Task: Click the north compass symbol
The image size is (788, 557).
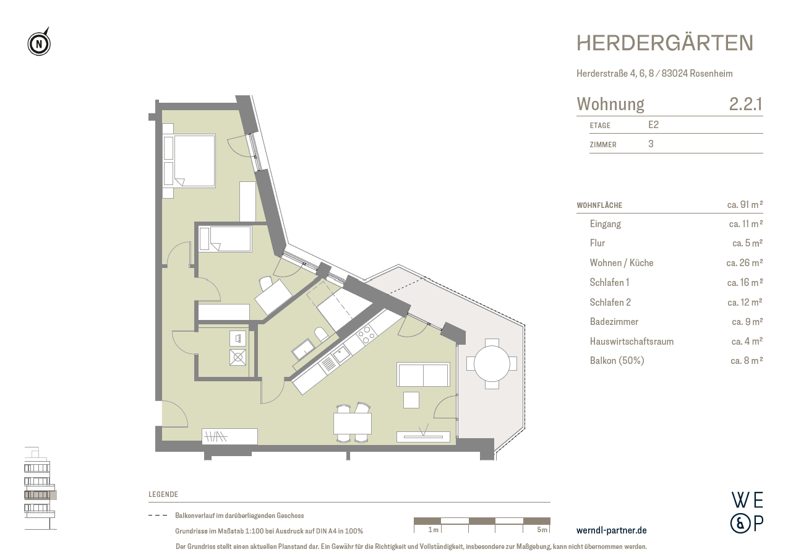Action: click(x=39, y=44)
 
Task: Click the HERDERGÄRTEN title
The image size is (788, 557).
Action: click(x=665, y=43)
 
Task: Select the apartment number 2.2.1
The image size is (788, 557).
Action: click(x=745, y=104)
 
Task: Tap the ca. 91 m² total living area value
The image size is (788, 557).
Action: click(x=745, y=204)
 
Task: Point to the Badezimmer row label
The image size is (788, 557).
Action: click(x=614, y=322)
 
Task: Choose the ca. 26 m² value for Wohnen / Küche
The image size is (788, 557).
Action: click(x=744, y=263)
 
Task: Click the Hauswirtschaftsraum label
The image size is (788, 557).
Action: click(x=632, y=342)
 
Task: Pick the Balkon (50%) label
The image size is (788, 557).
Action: click(x=617, y=361)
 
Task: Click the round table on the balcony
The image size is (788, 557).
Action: click(x=492, y=363)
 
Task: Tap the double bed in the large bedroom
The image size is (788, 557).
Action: click(x=194, y=160)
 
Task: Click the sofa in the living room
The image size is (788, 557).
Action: click(x=423, y=375)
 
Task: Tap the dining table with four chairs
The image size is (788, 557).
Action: click(x=352, y=423)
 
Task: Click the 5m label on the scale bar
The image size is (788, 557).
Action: click(x=542, y=530)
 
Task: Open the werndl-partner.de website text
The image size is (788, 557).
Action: click(x=611, y=530)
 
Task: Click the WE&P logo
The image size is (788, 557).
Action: click(x=747, y=512)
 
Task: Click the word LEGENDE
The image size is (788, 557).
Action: click(x=163, y=494)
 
